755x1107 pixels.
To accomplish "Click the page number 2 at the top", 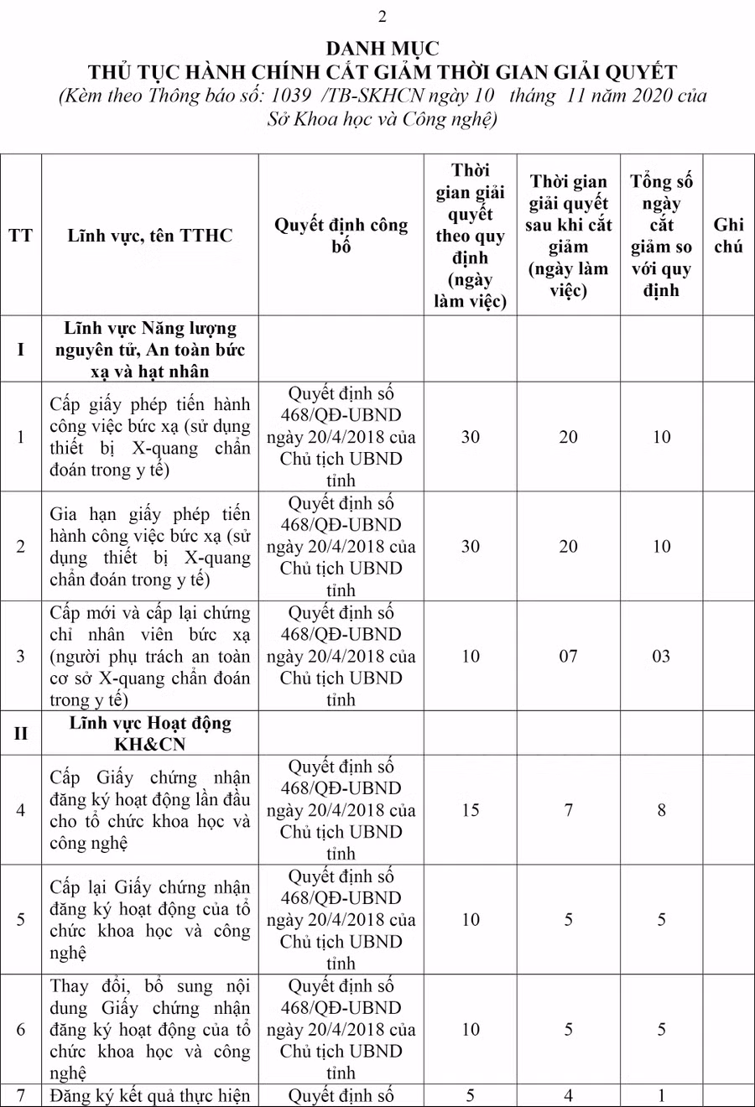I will click(383, 17).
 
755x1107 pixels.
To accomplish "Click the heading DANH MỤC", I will click(382, 49).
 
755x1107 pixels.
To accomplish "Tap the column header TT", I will click(21, 236).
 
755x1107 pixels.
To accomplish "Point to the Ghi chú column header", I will click(728, 236).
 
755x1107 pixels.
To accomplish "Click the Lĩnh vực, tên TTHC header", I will click(150, 236).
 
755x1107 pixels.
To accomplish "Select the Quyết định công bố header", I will click(341, 236).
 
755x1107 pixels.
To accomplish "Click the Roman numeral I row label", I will click(21, 349).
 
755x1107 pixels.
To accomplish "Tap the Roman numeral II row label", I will click(21, 734).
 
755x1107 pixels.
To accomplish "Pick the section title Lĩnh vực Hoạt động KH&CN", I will click(150, 734).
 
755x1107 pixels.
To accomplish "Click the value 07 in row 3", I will click(568, 656).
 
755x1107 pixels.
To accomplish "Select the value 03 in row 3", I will click(661, 656).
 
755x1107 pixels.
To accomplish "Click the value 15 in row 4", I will click(471, 810).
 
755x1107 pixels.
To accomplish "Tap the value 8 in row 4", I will click(661, 810).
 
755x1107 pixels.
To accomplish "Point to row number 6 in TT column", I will click(21, 1030).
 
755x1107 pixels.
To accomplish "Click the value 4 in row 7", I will click(568, 1095).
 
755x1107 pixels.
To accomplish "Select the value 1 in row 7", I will click(661, 1095).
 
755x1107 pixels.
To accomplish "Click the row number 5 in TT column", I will click(21, 920).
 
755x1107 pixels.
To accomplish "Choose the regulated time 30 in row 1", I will click(471, 437).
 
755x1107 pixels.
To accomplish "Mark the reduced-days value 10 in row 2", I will click(661, 546).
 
